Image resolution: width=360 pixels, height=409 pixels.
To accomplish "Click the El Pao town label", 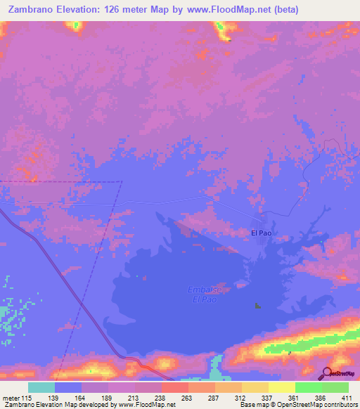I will coord(261,232).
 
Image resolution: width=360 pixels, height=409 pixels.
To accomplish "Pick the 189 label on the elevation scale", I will coord(108,398).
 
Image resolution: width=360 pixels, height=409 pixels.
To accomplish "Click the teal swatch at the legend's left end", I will coord(41,387).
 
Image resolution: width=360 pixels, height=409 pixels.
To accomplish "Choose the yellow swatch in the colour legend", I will coord(281,387).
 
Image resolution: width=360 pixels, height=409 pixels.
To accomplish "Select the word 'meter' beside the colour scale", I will coord(13,398).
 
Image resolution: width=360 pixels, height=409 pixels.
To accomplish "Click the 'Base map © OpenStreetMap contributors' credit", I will coord(296,405).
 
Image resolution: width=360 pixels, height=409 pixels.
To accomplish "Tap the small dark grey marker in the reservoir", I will coord(257,306).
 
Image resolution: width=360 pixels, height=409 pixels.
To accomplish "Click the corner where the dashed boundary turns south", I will coord(122,182).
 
